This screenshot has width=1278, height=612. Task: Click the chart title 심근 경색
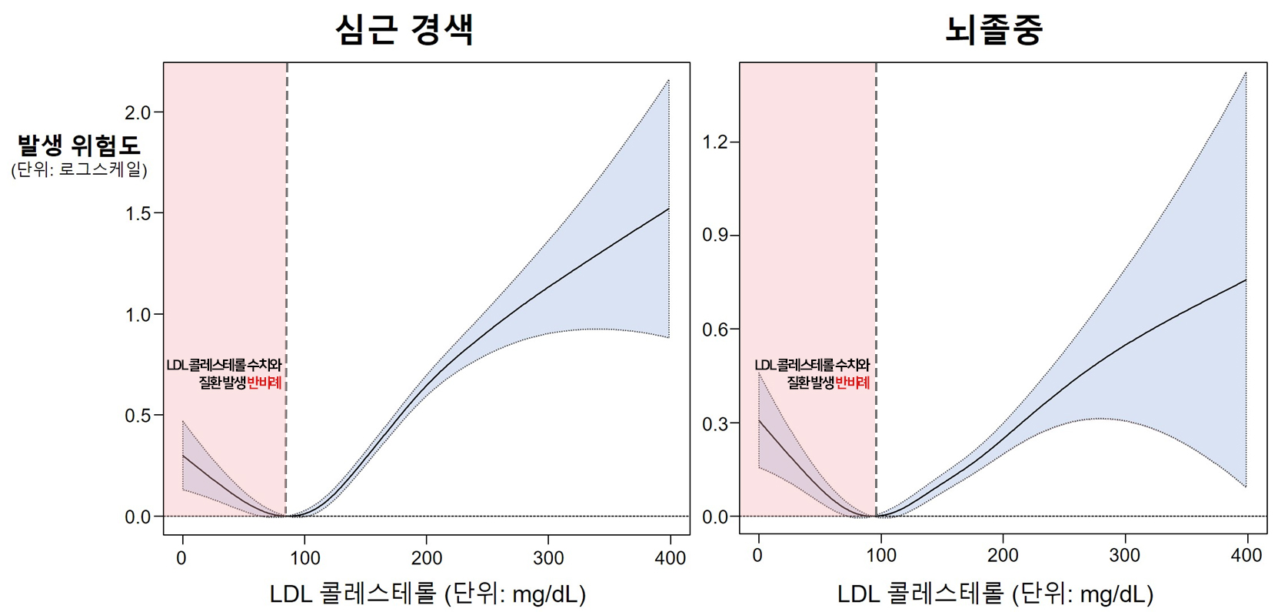click(404, 29)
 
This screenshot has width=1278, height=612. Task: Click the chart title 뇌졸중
click(993, 29)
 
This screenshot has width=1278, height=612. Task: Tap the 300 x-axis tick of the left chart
click(547, 557)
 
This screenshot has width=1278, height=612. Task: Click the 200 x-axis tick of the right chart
click(1002, 555)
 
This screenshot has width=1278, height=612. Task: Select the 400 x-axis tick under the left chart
click(670, 557)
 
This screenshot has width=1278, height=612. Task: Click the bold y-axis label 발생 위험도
click(79, 145)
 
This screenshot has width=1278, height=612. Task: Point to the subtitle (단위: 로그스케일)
click(79, 169)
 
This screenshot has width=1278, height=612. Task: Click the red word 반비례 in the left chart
click(264, 383)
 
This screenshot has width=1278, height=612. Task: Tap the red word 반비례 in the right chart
click(852, 383)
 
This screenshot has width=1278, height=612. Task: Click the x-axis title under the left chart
click(428, 594)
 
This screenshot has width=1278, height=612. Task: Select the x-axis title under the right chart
click(995, 594)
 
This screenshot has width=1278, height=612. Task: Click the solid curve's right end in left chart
click(668, 209)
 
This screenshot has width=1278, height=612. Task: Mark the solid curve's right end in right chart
click(1245, 279)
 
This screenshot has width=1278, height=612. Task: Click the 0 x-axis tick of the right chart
click(758, 555)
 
